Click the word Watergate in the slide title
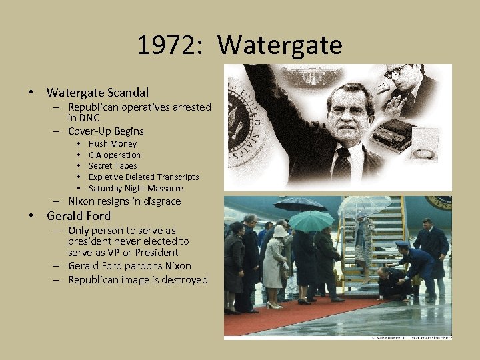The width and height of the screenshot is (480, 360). pyautogui.click(x=280, y=45)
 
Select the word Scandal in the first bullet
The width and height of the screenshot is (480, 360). pyautogui.click(x=127, y=93)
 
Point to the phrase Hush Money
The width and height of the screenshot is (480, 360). pyautogui.click(x=112, y=143)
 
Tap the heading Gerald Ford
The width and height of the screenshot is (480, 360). pyautogui.click(x=78, y=216)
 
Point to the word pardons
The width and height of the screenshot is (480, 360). pyautogui.click(x=145, y=266)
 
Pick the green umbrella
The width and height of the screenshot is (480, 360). pyautogui.click(x=311, y=221)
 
